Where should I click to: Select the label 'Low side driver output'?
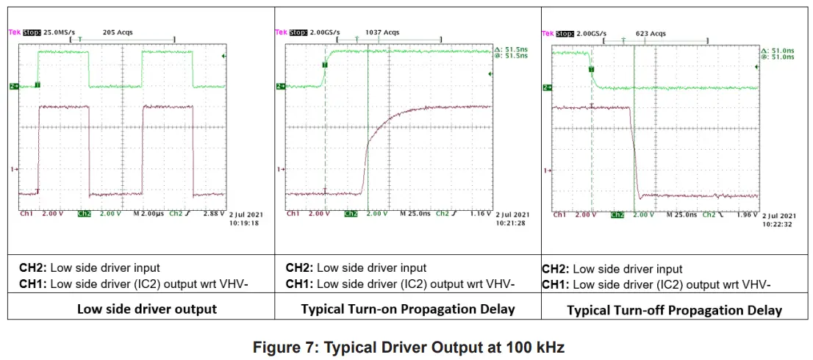(147, 309)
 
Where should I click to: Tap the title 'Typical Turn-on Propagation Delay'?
(408, 309)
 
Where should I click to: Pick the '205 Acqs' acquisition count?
(118, 32)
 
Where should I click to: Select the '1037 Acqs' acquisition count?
(382, 32)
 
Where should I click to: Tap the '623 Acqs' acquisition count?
(651, 33)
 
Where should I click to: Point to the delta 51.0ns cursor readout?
(778, 50)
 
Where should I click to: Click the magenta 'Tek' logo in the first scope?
(14, 32)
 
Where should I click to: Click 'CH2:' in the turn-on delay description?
(299, 268)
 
